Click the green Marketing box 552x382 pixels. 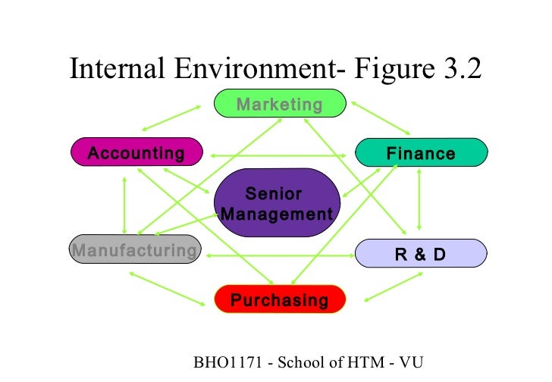coord(280,104)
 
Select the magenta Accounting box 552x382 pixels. coord(136,153)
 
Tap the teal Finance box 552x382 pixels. coord(421,154)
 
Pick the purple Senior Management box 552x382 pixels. coord(277,204)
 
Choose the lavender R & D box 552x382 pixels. coord(421,253)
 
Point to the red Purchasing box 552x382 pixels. coord(280,300)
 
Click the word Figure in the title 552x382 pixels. coord(394,70)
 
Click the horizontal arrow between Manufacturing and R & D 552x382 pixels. coord(278,255)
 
